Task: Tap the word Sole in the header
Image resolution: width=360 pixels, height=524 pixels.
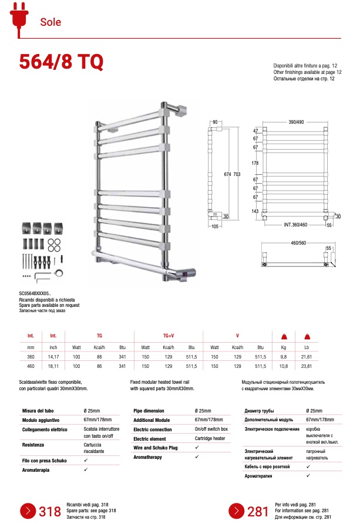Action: point(51,22)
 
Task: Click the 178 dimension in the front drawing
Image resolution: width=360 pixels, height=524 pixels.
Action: point(255,163)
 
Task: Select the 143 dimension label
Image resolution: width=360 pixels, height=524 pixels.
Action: point(255,211)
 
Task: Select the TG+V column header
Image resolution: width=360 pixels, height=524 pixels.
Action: point(169,336)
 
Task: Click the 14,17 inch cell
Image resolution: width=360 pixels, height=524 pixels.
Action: point(53,357)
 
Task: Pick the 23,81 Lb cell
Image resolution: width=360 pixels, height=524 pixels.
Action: point(306,366)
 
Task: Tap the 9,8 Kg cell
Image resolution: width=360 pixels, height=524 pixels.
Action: point(283,357)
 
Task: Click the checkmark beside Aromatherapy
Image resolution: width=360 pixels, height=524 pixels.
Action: point(197,456)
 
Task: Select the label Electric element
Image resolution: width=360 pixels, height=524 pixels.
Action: point(149,438)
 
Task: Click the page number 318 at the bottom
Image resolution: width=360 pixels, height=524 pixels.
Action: point(50,511)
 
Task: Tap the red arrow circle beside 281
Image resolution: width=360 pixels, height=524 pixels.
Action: point(236,511)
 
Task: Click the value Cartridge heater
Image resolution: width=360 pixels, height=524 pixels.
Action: point(210,438)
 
